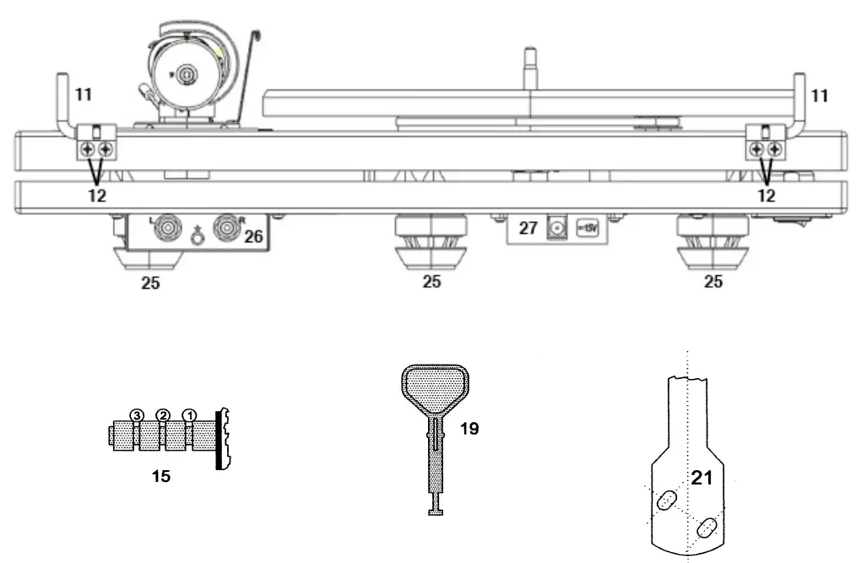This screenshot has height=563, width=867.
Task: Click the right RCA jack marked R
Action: pyautogui.click(x=226, y=228)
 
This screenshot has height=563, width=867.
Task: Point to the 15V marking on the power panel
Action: pyautogui.click(x=588, y=229)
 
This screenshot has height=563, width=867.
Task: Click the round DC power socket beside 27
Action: pyautogui.click(x=557, y=228)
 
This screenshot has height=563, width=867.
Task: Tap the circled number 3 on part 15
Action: pyautogui.click(x=138, y=414)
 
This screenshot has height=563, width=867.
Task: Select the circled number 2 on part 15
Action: pyautogui.click(x=164, y=414)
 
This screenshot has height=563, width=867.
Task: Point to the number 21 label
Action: pyautogui.click(x=702, y=479)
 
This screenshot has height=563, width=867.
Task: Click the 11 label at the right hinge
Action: pyautogui.click(x=817, y=96)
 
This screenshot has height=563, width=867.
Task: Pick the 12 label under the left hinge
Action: pyautogui.click(x=96, y=194)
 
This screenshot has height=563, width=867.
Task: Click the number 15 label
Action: pyautogui.click(x=160, y=476)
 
